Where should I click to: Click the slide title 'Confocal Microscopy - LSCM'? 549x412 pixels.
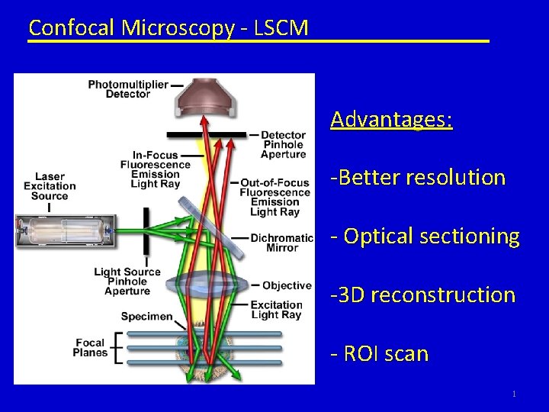click(168, 28)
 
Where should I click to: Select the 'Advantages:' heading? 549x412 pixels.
click(391, 120)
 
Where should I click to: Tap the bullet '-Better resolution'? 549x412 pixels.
click(418, 178)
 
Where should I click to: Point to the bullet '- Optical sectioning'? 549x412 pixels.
click(425, 236)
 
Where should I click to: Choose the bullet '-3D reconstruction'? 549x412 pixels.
click(422, 295)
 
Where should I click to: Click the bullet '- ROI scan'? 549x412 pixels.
click(379, 353)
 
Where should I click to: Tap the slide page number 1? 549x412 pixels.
click(515, 394)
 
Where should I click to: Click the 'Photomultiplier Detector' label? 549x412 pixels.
click(128, 89)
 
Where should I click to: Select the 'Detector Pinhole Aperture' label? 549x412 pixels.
click(284, 145)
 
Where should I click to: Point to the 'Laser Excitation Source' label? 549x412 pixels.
click(50, 185)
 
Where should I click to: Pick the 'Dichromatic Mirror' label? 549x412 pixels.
click(282, 243)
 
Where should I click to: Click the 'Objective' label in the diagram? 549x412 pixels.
click(287, 285)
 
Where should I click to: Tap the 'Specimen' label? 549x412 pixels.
click(146, 316)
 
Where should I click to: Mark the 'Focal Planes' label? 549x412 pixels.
click(90, 347)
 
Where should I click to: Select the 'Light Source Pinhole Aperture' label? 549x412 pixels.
click(127, 281)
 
